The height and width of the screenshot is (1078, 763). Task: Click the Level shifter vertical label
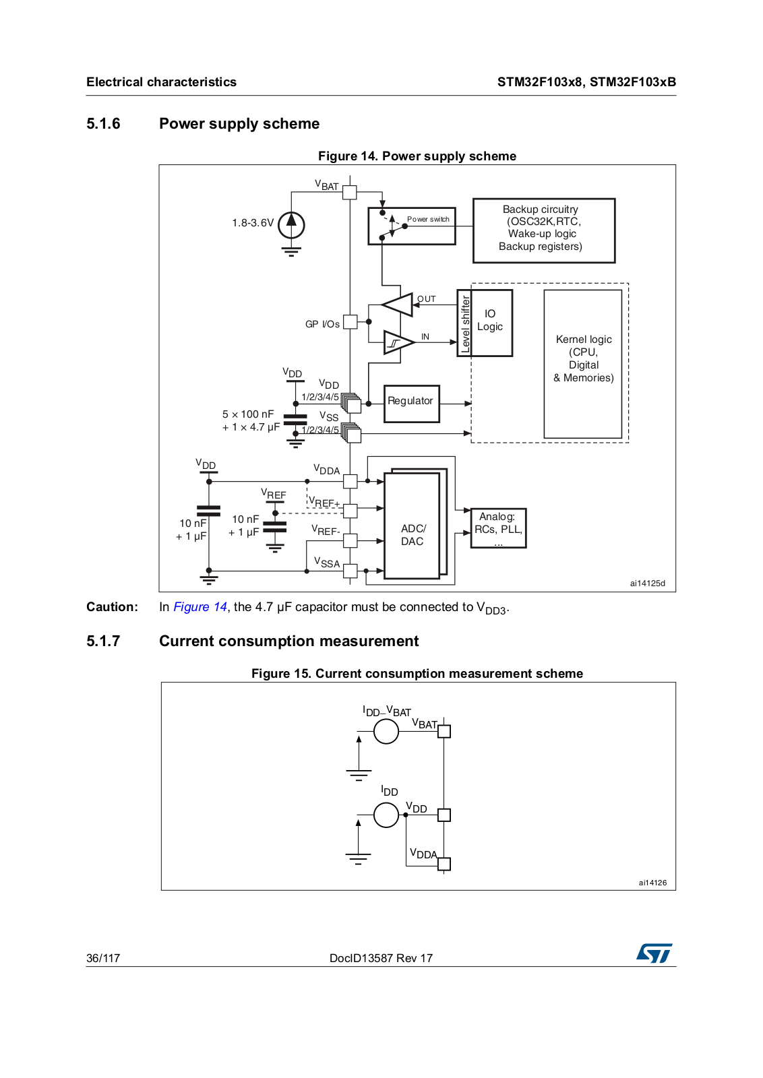[x=464, y=323]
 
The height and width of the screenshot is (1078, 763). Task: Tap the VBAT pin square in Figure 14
[x=350, y=193]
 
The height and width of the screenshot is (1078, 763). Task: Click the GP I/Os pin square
[x=350, y=321]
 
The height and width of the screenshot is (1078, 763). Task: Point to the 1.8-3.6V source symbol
[x=291, y=225]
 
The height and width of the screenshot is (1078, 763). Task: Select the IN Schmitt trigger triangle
[x=398, y=342]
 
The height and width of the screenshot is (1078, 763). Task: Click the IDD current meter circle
[x=386, y=815]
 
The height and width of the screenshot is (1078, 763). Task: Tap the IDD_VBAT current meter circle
[x=386, y=732]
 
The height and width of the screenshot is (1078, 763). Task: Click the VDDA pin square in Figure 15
[x=444, y=864]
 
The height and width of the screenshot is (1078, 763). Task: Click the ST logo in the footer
[x=654, y=953]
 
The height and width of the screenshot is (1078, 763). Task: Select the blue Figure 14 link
[x=200, y=607]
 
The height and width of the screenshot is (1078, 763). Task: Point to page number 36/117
[x=103, y=958]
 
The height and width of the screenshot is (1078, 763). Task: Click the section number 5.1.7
[x=103, y=641]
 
